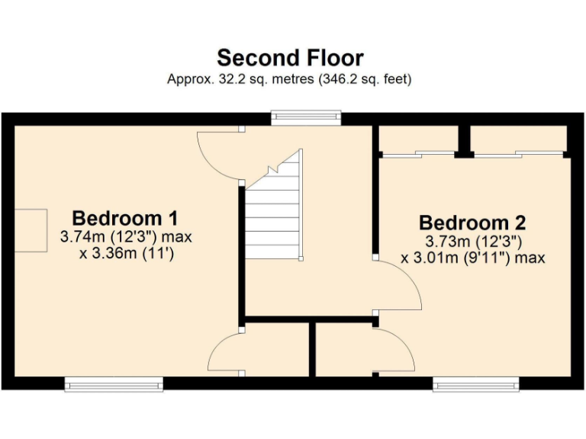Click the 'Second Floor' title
(290, 58)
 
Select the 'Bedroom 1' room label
(126, 218)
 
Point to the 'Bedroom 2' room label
(472, 223)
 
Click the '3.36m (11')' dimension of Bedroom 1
(127, 254)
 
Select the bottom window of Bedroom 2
(476, 384)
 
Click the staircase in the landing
(274, 213)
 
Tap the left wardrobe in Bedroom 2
(418, 139)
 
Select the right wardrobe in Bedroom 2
(518, 139)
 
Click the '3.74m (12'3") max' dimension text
(126, 237)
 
